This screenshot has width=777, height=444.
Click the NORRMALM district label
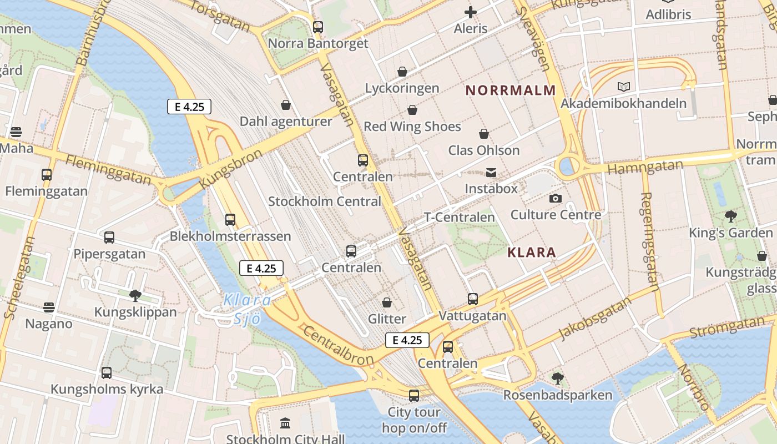[x=510, y=90]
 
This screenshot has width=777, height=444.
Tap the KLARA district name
[x=531, y=253]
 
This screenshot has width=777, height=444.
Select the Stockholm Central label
[x=325, y=201]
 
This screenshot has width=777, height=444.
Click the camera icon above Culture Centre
[x=555, y=198]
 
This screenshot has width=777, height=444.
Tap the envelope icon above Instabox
[x=491, y=173]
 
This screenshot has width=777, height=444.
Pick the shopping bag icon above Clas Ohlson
[x=484, y=134]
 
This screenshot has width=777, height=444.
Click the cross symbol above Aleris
[x=471, y=12]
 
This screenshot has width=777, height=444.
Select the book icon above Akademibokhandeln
[x=624, y=87]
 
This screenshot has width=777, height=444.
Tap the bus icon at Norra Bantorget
[x=318, y=27]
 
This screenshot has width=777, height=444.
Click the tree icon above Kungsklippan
[x=135, y=295]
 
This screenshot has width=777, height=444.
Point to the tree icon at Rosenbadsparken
[x=557, y=379]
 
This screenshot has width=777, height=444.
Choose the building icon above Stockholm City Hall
[x=285, y=423]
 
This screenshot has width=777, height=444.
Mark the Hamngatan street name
[x=645, y=167]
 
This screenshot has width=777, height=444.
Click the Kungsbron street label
[x=230, y=168]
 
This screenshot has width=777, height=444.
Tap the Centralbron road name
[x=339, y=346]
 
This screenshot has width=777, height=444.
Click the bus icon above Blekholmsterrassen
[x=230, y=219]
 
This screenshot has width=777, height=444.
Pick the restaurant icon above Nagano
[x=49, y=307]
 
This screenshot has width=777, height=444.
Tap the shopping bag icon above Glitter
[x=387, y=302]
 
